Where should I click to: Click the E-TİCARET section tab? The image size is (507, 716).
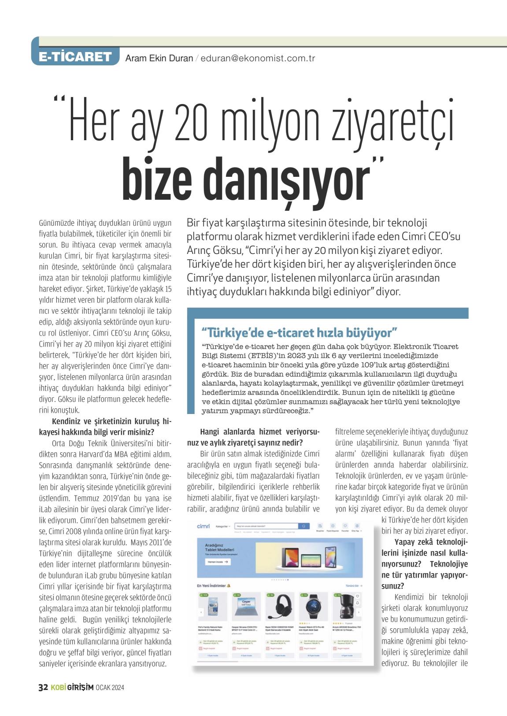[75, 57]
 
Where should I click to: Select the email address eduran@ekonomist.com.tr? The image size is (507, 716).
[258, 58]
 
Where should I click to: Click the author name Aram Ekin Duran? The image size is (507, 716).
[159, 58]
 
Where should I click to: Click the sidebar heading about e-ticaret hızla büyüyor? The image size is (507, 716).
[300, 332]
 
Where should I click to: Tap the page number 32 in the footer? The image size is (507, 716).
[43, 687]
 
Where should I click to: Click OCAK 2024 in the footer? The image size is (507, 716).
[110, 688]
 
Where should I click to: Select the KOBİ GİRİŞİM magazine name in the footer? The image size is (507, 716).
[71, 688]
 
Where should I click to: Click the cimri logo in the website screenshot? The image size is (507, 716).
[204, 526]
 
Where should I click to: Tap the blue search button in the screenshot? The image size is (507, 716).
[304, 526]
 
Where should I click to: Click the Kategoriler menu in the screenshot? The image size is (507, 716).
[224, 526]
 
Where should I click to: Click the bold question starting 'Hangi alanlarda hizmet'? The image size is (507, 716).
[260, 437]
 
